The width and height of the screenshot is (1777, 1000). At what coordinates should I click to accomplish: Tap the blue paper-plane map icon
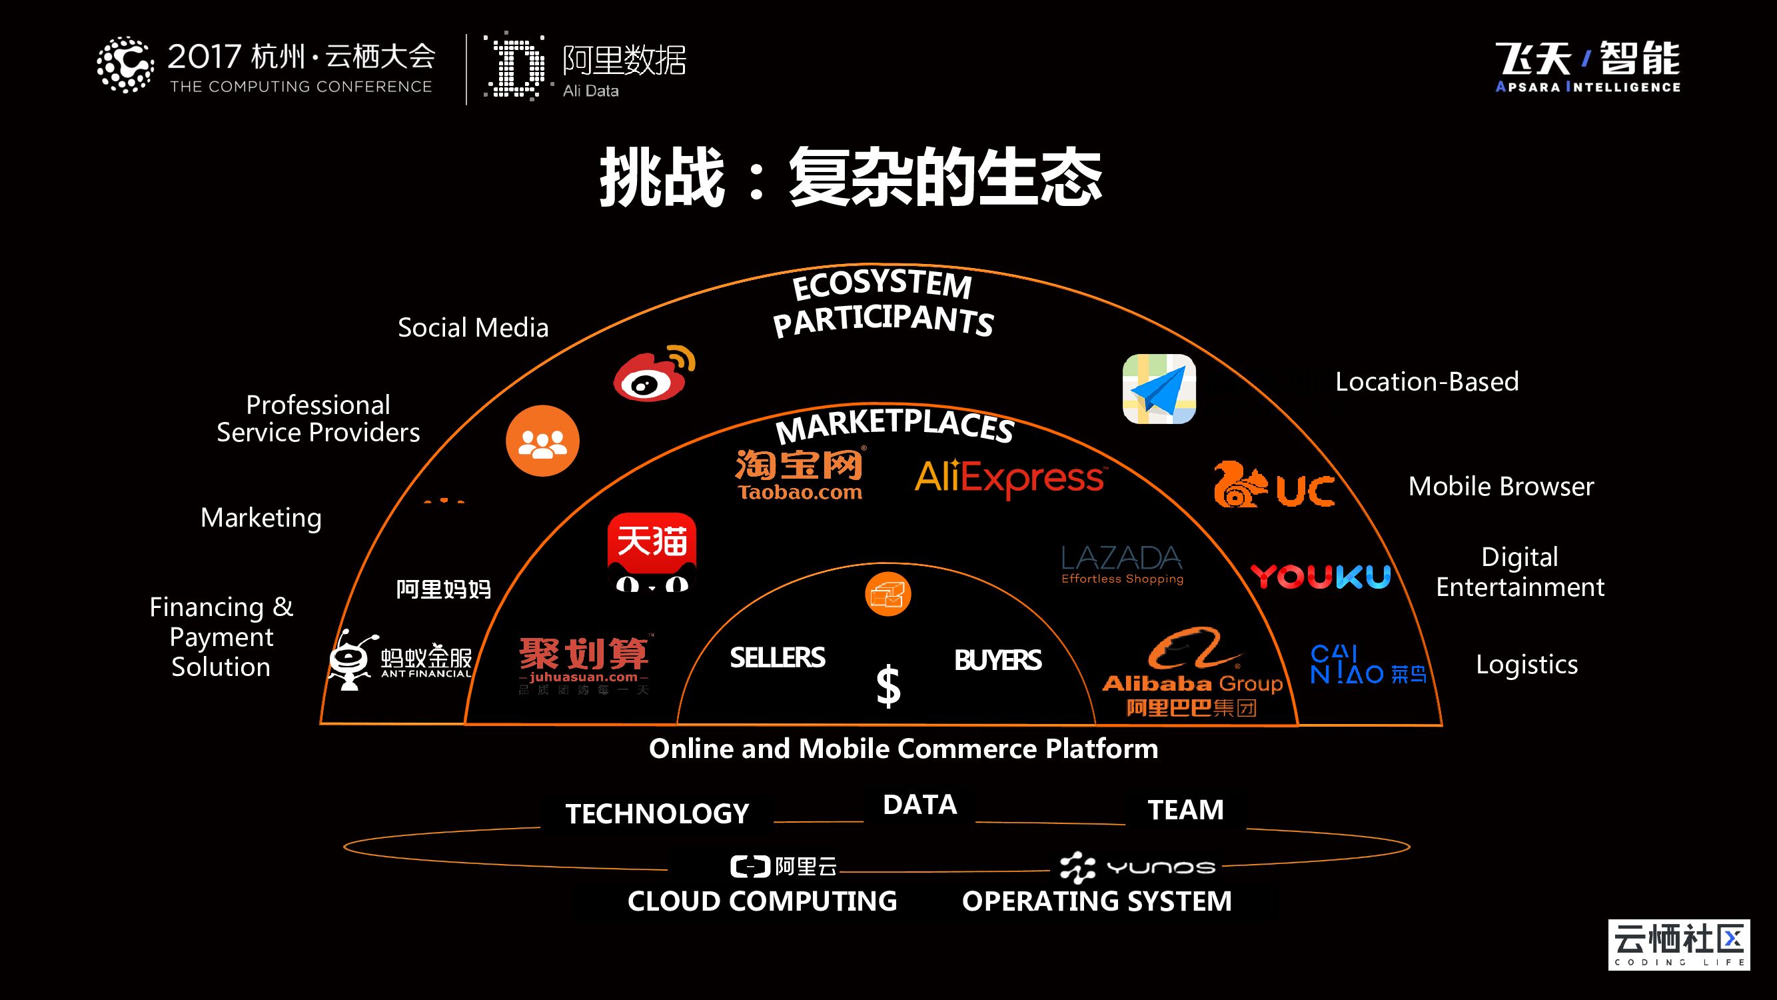coord(1159,389)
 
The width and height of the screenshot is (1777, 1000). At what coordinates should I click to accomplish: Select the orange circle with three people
coord(542,441)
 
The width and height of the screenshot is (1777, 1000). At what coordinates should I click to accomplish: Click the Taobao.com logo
coord(800,474)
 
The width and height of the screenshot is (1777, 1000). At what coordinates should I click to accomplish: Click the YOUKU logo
coord(1321,576)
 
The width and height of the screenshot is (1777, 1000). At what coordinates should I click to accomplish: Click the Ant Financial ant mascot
coord(352,660)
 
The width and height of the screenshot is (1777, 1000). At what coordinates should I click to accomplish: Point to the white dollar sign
coord(888,686)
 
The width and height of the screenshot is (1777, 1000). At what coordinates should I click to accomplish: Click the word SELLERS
coord(778,658)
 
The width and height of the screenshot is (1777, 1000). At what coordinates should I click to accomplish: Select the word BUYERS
coord(997,661)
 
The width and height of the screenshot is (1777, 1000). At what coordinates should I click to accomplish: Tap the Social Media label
coord(473,328)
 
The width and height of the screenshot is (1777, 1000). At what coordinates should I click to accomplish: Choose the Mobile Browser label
coord(1501,487)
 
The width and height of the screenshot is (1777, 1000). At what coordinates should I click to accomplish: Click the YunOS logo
coord(1138,867)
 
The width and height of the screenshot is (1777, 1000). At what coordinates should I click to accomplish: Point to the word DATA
coord(919,805)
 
